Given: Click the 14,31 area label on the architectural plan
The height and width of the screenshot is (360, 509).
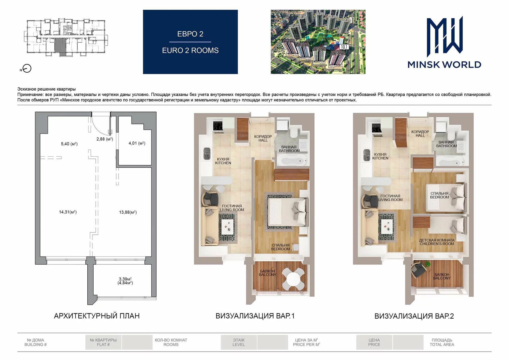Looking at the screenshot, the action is [68, 212].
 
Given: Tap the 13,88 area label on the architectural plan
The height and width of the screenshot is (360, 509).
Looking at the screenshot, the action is [128, 212].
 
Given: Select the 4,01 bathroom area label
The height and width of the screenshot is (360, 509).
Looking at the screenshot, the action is [137, 143].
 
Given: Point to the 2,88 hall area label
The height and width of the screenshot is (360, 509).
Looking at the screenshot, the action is [104, 139].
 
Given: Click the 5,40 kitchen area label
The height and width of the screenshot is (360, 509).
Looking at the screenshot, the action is [69, 144].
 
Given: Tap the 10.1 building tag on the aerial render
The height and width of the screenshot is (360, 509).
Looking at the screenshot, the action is [344, 47].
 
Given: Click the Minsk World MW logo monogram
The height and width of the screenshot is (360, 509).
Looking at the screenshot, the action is [444, 36].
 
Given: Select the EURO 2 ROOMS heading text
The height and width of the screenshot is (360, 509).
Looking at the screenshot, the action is [190, 50].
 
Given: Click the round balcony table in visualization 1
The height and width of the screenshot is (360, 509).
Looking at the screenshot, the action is [293, 279].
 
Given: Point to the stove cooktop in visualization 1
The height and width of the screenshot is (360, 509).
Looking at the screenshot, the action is [218, 126].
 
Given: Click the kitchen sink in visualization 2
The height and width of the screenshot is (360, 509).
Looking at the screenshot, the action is [367, 155].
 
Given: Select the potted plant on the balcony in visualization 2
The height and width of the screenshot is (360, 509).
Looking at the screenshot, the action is [428, 264].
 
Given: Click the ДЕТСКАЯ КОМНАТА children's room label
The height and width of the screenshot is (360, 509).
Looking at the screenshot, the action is [437, 242].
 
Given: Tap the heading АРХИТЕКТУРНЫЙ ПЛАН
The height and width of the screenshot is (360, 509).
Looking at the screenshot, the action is [97, 316].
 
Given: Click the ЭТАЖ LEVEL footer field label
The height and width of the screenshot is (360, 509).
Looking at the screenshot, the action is [239, 342].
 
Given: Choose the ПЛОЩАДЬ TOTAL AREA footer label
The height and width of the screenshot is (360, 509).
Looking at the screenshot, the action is [442, 342].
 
